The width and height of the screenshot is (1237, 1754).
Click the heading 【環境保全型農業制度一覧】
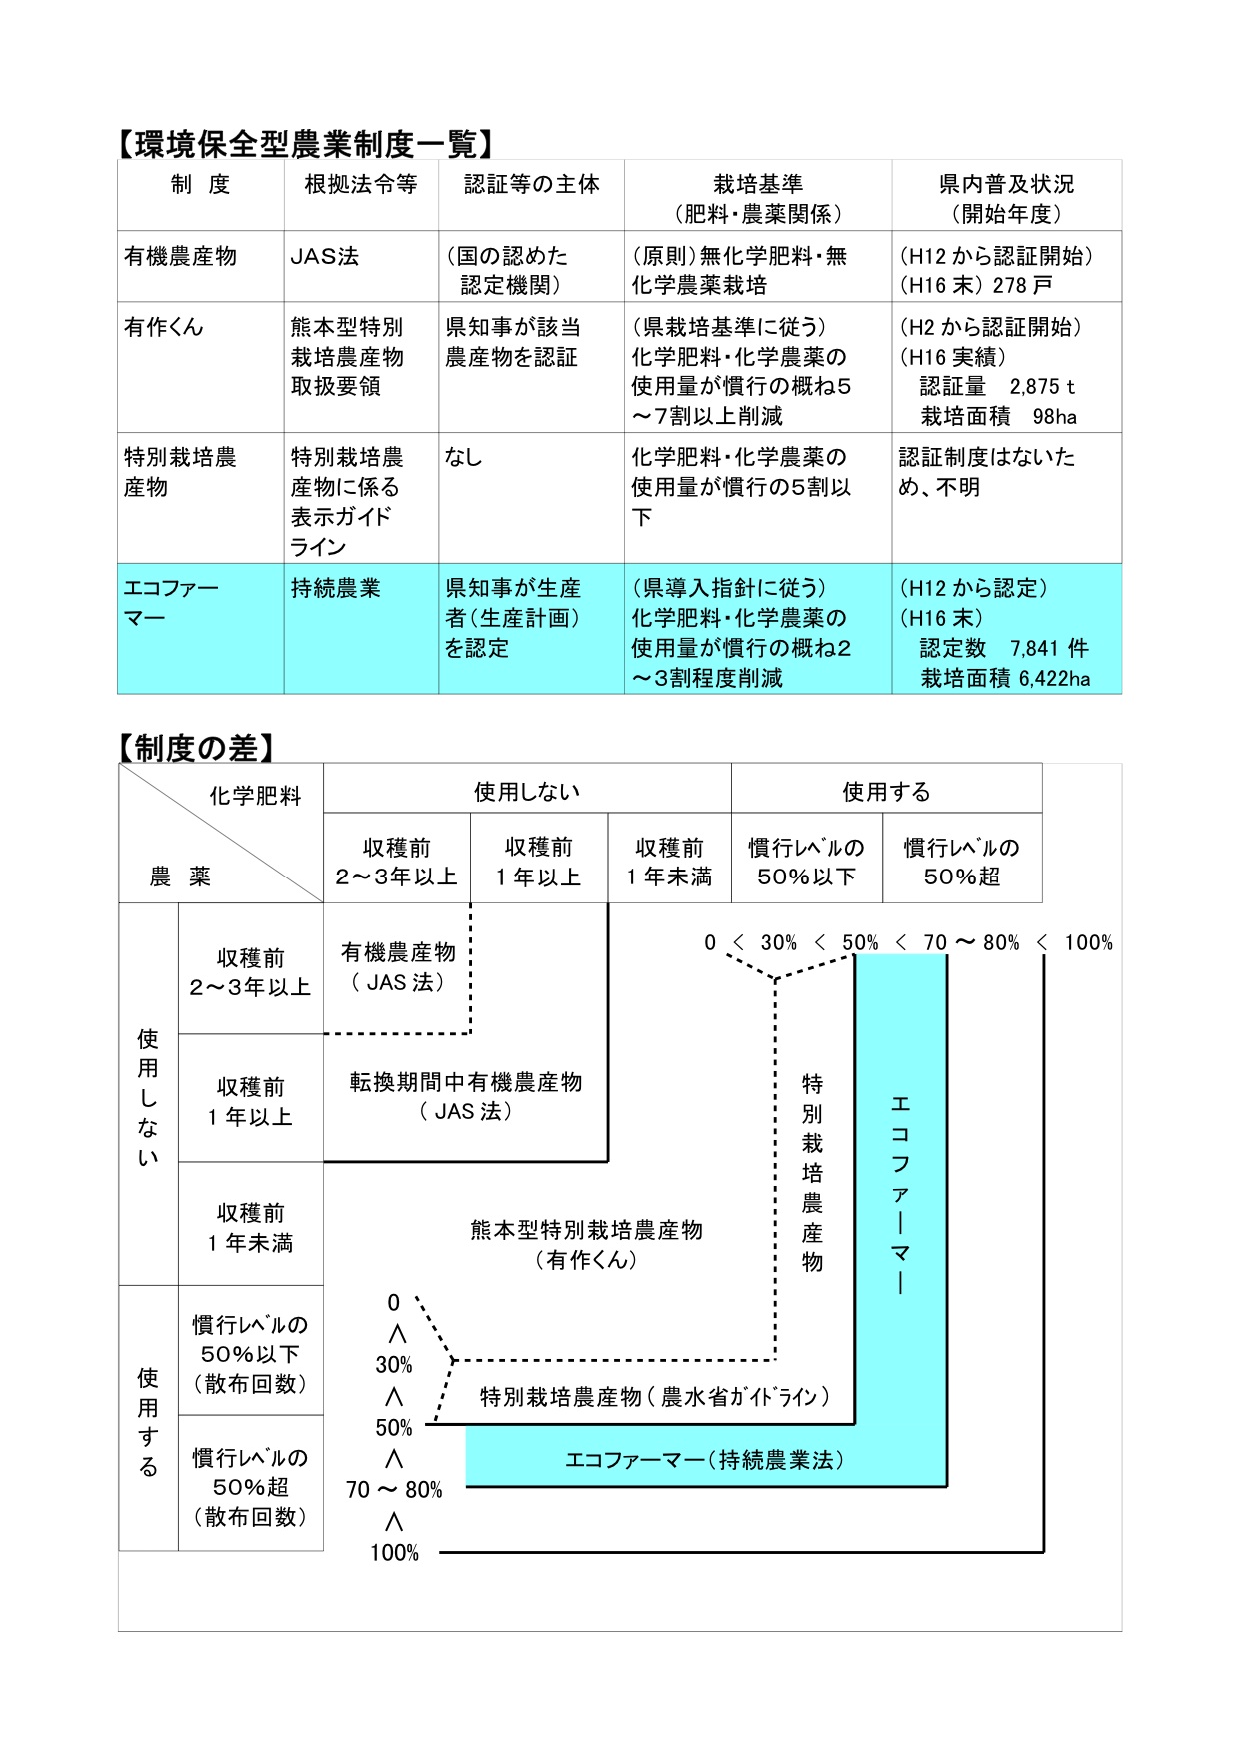305,144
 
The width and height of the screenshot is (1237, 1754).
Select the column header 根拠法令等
360,184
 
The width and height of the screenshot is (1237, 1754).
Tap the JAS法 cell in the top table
324,256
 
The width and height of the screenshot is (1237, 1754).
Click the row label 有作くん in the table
163,327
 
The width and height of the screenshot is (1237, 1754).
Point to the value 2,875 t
1042,387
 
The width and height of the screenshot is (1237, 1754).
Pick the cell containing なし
463,457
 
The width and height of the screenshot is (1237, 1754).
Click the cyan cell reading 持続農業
336,588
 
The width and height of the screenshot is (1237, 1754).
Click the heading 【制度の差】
195,747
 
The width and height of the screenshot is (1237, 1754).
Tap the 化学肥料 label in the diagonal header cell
255,796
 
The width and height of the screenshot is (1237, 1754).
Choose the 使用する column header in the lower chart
886,792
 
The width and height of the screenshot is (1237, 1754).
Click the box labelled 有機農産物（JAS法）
398,967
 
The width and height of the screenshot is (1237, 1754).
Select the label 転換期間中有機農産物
465,1082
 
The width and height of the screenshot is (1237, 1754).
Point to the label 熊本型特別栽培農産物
586,1230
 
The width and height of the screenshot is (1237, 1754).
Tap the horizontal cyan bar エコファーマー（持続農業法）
705,1460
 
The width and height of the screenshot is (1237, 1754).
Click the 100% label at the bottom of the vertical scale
394,1552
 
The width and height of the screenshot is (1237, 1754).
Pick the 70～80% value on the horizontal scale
970,942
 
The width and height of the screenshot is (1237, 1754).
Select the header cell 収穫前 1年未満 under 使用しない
669,862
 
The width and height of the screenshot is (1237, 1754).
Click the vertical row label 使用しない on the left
148,1097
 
